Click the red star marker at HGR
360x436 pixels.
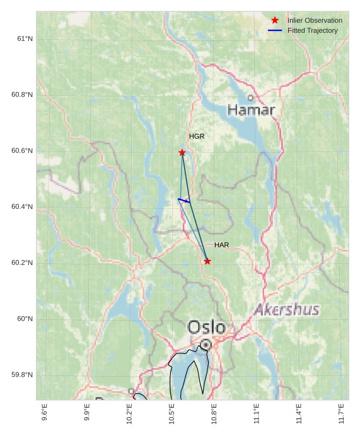182,153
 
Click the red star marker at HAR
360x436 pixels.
207,261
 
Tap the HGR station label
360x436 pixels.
197,136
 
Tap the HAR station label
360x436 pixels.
221,245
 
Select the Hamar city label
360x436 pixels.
251,110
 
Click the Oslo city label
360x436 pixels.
206,327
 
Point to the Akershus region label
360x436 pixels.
287,310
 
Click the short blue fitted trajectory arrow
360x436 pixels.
183,201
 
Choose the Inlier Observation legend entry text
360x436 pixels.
315,20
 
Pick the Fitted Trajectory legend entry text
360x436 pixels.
312,30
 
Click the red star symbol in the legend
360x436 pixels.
275,20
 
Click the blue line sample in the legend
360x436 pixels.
275,30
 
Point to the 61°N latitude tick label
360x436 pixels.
25,38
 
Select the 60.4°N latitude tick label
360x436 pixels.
22,206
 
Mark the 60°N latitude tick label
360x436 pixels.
25,319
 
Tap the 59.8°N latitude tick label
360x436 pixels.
22,375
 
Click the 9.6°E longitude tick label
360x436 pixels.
44,413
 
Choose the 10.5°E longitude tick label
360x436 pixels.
171,413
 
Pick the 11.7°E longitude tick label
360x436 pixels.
341,413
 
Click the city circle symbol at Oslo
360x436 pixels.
206,345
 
